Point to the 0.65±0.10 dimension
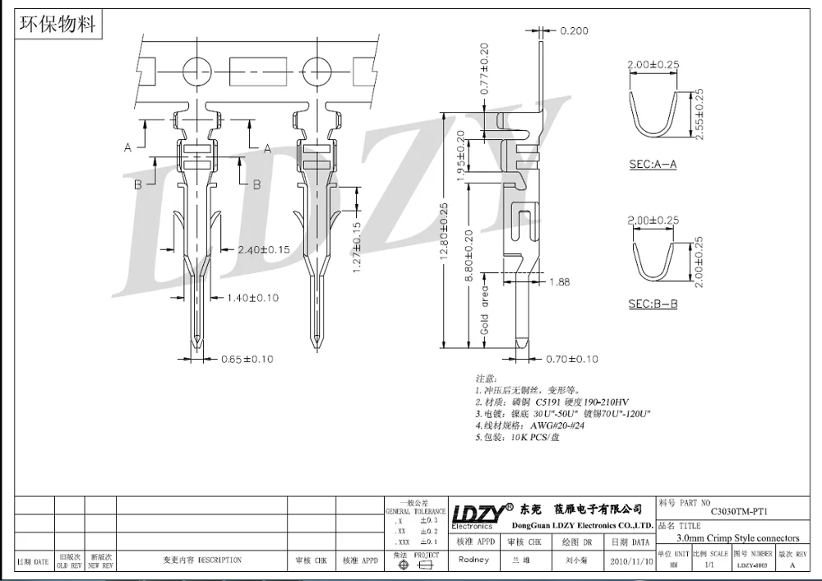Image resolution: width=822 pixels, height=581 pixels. tap(247, 359)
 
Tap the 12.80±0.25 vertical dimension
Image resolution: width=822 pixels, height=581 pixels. tap(445, 232)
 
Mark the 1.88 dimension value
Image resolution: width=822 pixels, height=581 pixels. tap(560, 281)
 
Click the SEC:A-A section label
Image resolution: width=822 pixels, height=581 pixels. tap(653, 165)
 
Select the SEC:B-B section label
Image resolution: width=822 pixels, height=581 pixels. tap(653, 304)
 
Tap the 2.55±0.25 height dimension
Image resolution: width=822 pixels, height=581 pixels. tap(700, 114)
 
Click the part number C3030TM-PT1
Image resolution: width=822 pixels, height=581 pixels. tap(739, 511)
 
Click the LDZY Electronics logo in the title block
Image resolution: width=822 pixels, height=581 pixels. tap(476, 513)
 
